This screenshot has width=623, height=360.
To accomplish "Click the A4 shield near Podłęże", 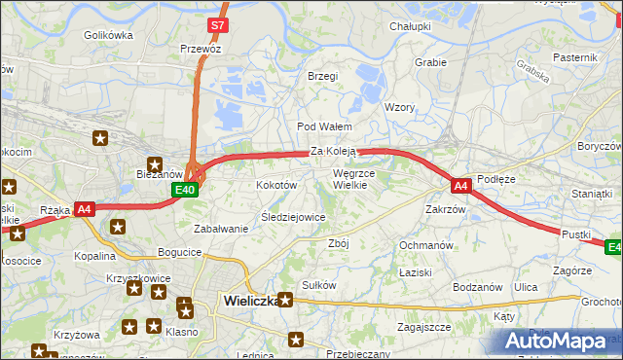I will tap(461, 184).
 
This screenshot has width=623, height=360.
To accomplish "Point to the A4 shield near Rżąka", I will tap(84, 208).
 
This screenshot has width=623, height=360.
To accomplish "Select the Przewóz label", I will tap(201, 48).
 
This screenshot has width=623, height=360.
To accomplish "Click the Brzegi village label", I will tap(322, 76).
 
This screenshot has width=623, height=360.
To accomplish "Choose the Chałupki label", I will tap(410, 26).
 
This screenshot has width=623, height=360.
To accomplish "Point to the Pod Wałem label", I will tap(323, 127).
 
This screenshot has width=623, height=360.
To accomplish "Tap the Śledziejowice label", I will tap(293, 217).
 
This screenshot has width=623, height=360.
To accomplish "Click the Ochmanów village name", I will tap(426, 245).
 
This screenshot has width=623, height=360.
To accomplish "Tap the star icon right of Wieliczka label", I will tap(285, 300).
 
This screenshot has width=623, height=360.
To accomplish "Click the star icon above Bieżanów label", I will tap(154, 163).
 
